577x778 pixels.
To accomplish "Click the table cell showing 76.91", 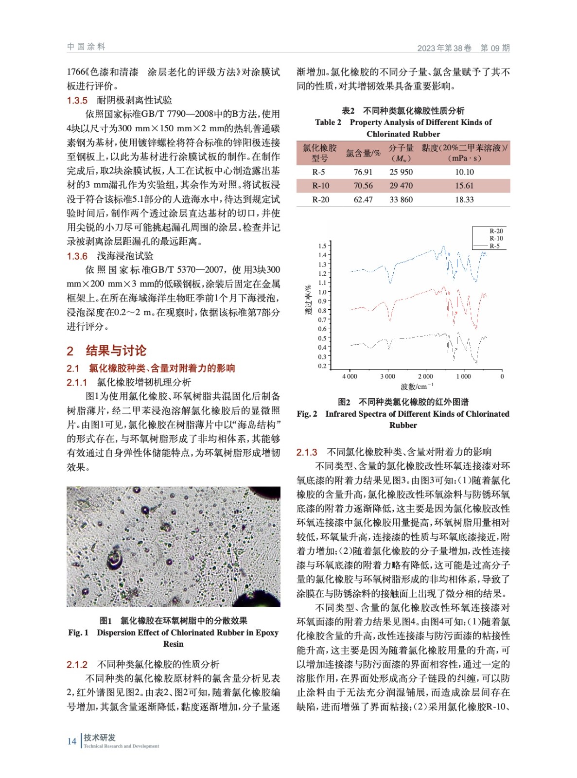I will [x=363, y=172].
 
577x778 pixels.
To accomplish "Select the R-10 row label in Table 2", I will [x=320, y=186].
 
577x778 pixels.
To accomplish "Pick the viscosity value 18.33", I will [x=464, y=200].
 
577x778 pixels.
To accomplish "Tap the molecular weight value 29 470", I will [x=401, y=186].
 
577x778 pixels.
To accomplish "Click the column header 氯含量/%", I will [x=363, y=153].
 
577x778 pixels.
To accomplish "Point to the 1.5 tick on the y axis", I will [x=323, y=246].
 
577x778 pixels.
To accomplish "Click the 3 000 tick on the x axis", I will [x=387, y=376].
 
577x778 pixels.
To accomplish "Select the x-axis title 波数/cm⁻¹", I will [x=414, y=387].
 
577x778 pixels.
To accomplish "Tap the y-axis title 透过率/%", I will [x=308, y=300].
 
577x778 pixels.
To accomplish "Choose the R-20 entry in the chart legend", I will [x=496, y=231].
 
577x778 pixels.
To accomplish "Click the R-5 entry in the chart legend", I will [x=494, y=246].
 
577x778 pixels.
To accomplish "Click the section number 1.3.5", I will [x=77, y=101].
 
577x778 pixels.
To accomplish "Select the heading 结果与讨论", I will [x=116, y=351].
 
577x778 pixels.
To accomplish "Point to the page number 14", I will [x=72, y=742].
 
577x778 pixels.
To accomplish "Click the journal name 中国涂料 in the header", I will [x=86, y=47].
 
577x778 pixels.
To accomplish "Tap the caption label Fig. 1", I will [x=78, y=633].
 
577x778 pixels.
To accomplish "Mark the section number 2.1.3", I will [x=307, y=452].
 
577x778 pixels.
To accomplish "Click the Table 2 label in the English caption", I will [x=328, y=123].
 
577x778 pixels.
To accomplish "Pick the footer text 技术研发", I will [x=100, y=738].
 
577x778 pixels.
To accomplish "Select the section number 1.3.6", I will [x=77, y=256].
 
